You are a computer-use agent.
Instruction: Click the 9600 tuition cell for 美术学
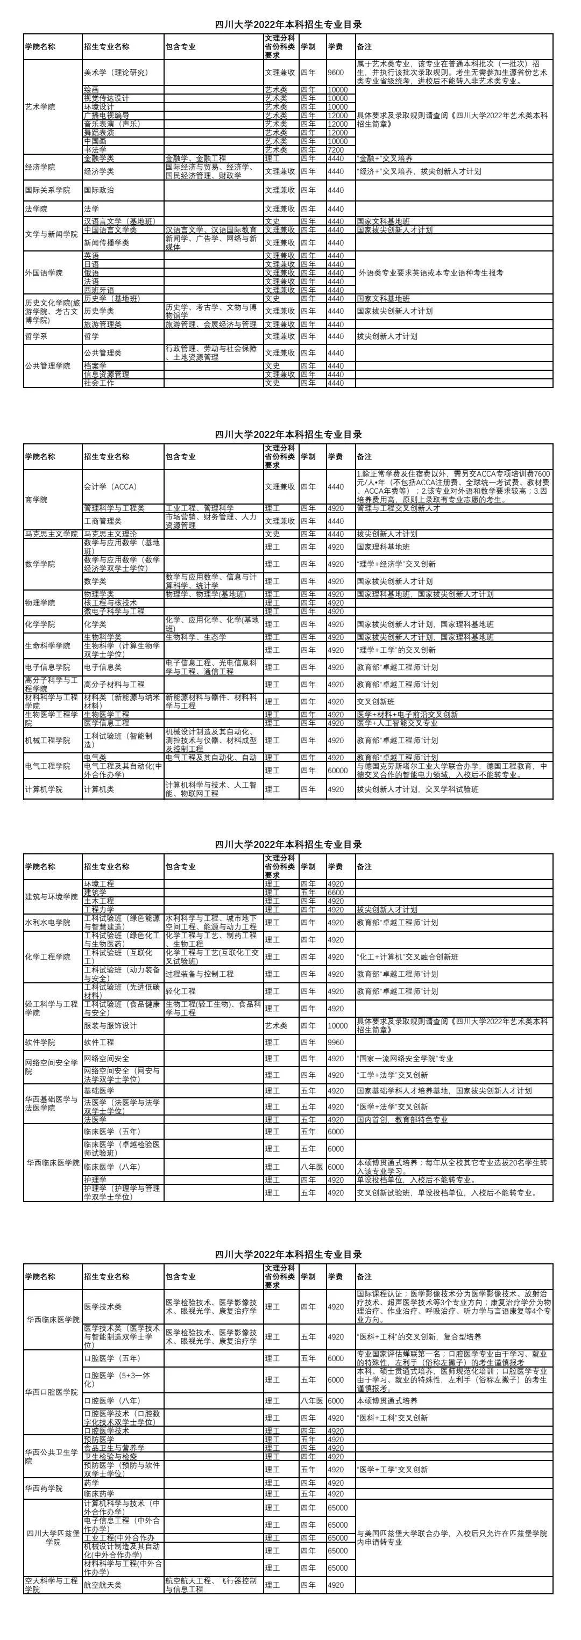click(336, 73)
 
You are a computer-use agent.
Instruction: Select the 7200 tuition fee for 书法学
click(336, 149)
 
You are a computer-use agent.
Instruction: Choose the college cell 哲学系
click(38, 336)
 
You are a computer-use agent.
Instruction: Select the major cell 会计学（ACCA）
click(111, 486)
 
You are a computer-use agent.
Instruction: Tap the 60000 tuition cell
click(338, 771)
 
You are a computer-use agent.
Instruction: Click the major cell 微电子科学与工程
click(115, 611)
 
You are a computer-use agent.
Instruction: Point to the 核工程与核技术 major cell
click(111, 602)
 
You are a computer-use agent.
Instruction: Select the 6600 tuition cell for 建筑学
click(336, 893)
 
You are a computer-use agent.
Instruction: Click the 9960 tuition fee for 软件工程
click(336, 1042)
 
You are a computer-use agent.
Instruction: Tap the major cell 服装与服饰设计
click(111, 1026)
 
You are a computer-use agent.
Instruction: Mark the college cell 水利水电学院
click(48, 923)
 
